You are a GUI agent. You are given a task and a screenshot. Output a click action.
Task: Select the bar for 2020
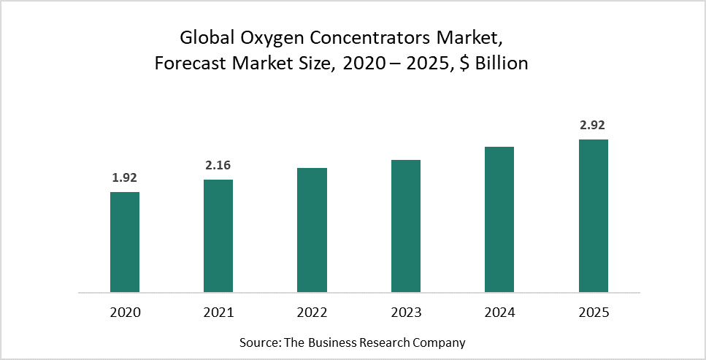tap(125, 242)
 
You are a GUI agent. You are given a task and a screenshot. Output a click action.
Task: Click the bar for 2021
tap(218, 236)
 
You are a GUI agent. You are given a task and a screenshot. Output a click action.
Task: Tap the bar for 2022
tap(312, 230)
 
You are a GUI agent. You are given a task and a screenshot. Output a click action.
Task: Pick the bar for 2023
tap(406, 226)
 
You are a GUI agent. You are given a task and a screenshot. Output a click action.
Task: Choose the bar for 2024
tap(499, 219)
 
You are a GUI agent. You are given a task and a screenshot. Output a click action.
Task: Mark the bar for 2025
tap(593, 215)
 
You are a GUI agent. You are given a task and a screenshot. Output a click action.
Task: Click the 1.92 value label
tap(125, 177)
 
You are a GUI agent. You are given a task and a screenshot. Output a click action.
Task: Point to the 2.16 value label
tap(218, 166)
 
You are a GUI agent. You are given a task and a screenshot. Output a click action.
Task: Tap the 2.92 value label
tap(593, 126)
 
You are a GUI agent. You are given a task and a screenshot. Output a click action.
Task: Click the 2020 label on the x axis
tap(125, 313)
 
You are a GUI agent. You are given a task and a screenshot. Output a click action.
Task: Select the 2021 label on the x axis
tap(218, 313)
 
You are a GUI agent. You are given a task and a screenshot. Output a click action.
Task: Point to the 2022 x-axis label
tap(312, 313)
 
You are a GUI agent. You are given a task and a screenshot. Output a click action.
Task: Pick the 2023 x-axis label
tap(406, 313)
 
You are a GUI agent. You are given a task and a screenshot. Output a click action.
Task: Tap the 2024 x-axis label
tap(499, 313)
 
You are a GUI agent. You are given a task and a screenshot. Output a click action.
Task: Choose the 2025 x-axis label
tap(593, 313)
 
